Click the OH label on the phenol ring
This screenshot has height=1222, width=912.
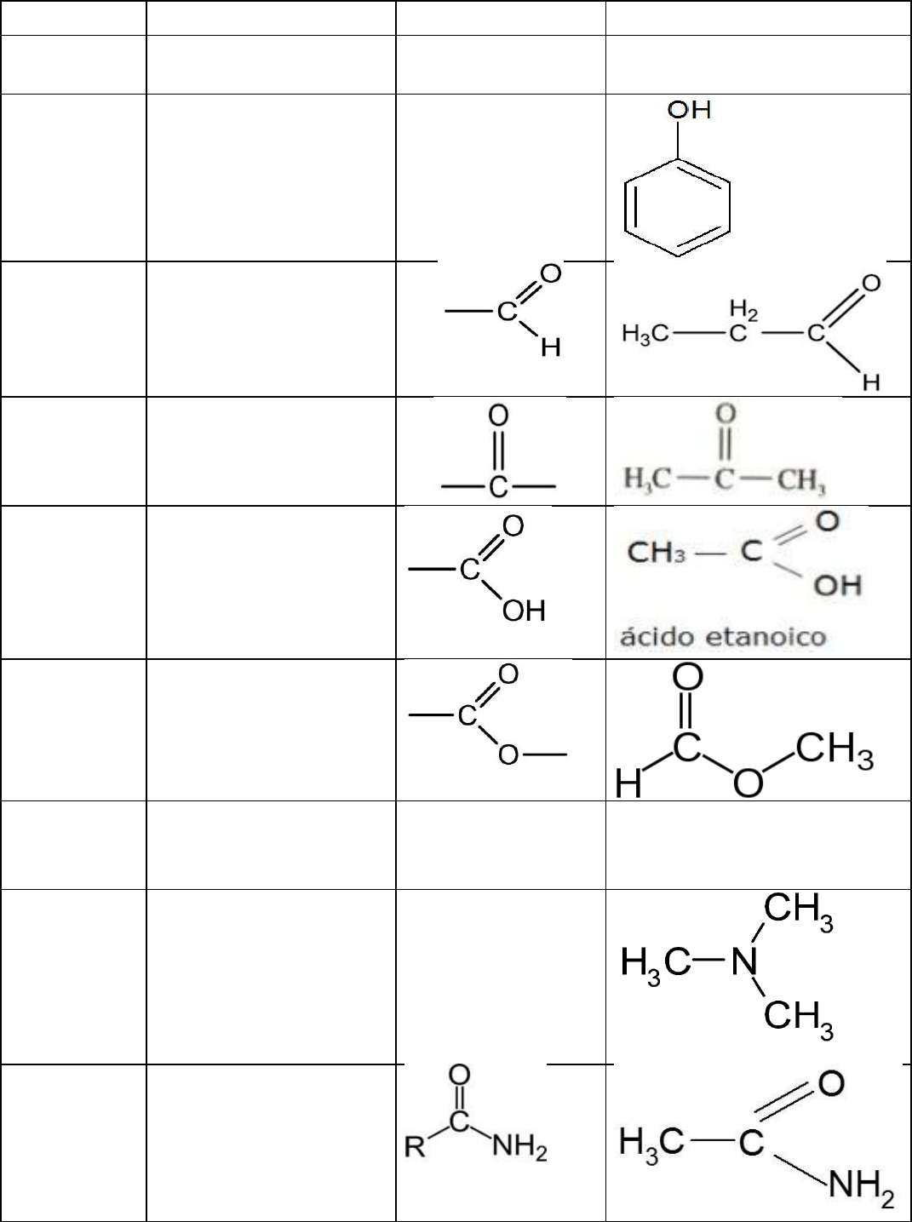pyautogui.click(x=690, y=110)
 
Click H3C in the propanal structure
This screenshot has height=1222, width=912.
pyautogui.click(x=645, y=335)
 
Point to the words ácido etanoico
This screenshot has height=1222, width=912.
pyautogui.click(x=722, y=637)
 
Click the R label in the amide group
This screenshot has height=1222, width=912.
pyautogui.click(x=415, y=1149)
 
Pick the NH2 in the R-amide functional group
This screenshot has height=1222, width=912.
pyautogui.click(x=519, y=1150)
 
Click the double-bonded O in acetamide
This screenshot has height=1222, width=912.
pyautogui.click(x=831, y=1083)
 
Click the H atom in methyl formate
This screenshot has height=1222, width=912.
pyautogui.click(x=628, y=784)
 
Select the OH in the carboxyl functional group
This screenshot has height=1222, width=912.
pyautogui.click(x=524, y=611)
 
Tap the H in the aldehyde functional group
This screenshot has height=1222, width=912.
pyautogui.click(x=551, y=349)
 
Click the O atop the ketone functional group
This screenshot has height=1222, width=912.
pyautogui.click(x=498, y=416)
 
